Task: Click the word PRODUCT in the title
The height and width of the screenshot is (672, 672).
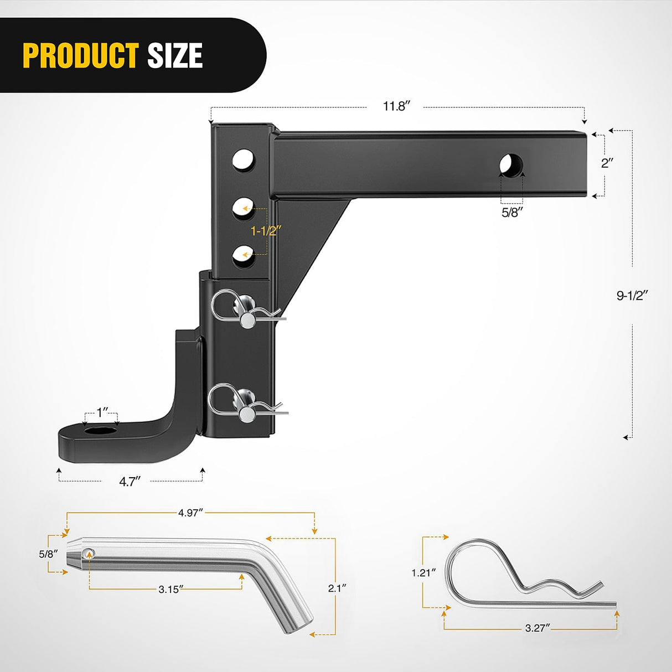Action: pos(80,55)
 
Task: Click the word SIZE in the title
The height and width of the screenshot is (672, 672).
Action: pos(175,55)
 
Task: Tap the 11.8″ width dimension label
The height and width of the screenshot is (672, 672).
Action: pos(396,106)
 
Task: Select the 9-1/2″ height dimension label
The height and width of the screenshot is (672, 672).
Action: pos(632,296)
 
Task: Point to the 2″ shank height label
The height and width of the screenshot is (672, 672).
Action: pos(607,163)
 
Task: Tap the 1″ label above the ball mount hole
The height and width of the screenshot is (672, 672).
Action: pos(102,413)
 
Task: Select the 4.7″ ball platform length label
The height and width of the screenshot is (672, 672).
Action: pos(130,482)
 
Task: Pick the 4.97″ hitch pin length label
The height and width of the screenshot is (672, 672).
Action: pos(190,513)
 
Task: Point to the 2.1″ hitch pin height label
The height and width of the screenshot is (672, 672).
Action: pos(337,588)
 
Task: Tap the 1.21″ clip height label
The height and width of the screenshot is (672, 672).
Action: pos(423,573)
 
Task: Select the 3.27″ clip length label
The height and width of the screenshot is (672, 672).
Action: pos(537,628)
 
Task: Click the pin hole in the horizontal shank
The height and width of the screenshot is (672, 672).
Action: pos(511,165)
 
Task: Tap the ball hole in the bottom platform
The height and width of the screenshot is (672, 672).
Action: pos(100,432)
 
